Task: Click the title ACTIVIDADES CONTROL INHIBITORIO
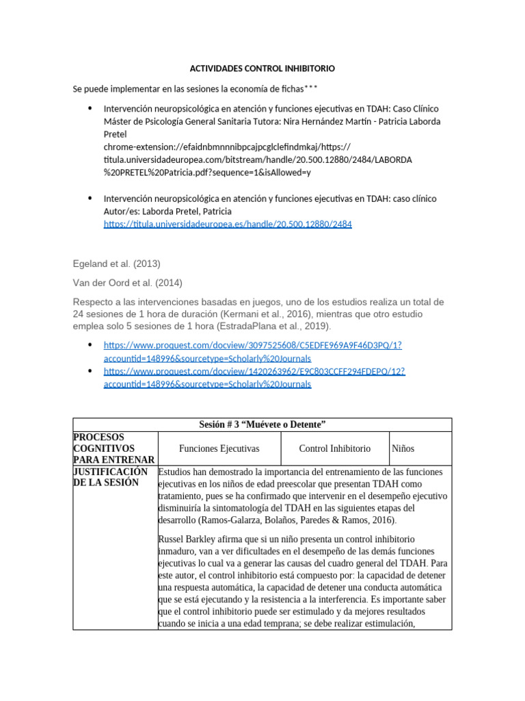pyautogui.click(x=262, y=69)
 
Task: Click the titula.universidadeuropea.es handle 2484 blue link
pyautogui.click(x=228, y=224)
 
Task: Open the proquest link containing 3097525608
pyautogui.click(x=252, y=346)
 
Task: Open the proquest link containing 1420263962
pyautogui.click(x=254, y=372)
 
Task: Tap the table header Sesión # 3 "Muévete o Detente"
pyautogui.click(x=262, y=425)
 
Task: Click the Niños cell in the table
pyautogui.click(x=403, y=448)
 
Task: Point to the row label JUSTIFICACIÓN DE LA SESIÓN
pyautogui.click(x=110, y=477)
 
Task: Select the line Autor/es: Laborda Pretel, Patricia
pyautogui.click(x=167, y=211)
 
